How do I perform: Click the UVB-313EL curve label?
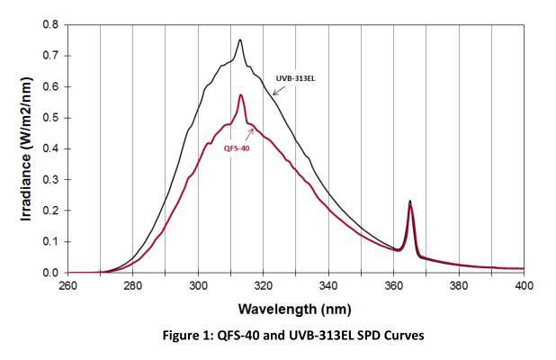point(295,78)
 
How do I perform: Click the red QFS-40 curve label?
point(237,148)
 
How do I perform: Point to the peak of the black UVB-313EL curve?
point(240,40)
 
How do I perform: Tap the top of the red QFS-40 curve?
point(240,95)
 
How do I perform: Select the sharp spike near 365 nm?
point(410,202)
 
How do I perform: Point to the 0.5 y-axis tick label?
point(50,117)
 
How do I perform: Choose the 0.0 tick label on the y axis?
point(50,272)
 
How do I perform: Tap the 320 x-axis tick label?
point(264,286)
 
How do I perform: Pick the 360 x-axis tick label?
point(394,286)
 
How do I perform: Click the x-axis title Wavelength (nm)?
point(295,310)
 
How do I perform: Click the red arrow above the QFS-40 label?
point(246,134)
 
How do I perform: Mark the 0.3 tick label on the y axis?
point(50,179)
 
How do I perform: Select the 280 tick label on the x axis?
point(132,286)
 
